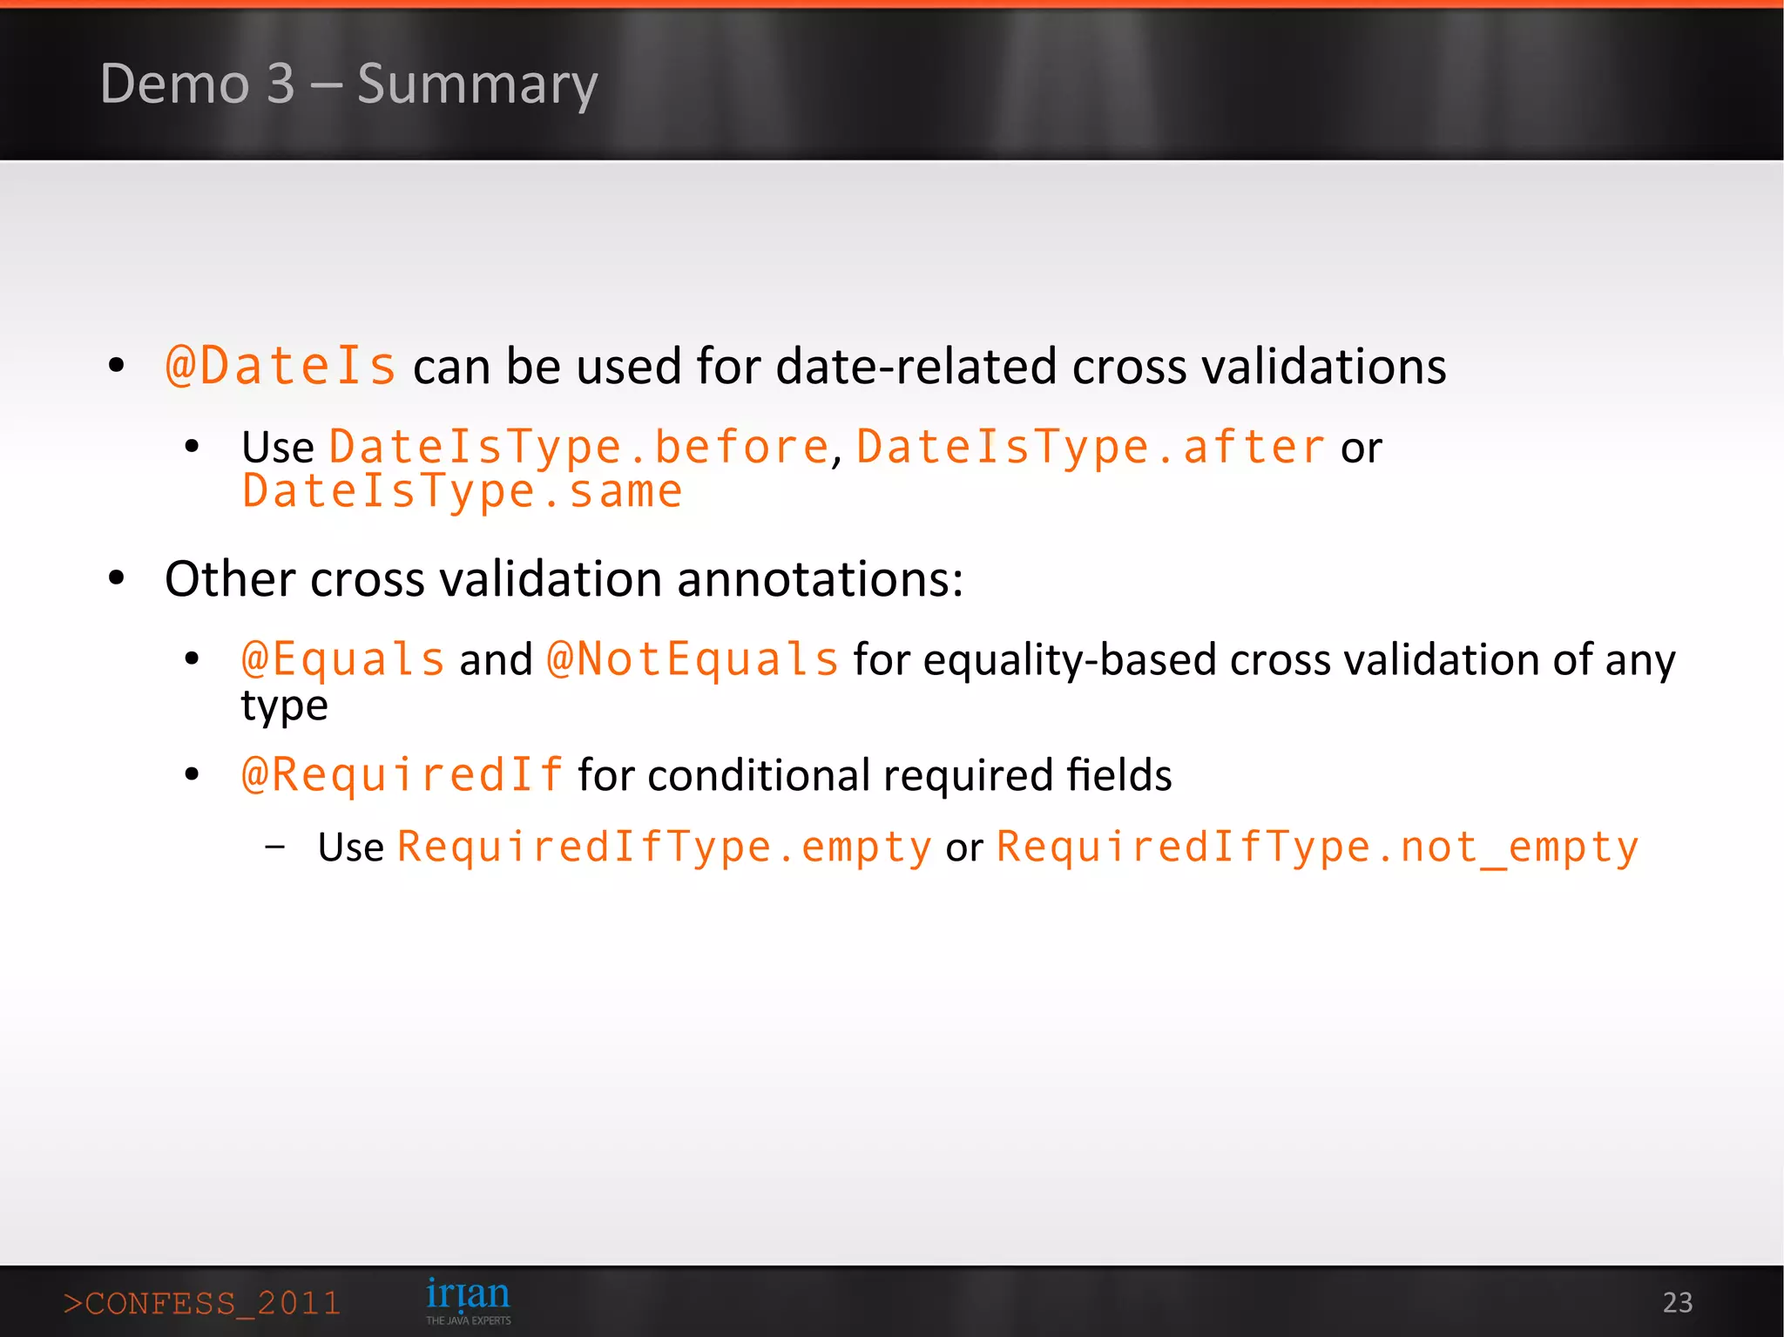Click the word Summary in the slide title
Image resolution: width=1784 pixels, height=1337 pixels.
(477, 84)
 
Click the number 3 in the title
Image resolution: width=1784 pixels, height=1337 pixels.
(280, 84)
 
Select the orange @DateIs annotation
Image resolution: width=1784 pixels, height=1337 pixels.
(280, 366)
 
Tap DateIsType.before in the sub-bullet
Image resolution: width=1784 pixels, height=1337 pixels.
(578, 448)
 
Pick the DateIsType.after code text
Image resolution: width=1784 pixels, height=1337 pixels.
(1091, 448)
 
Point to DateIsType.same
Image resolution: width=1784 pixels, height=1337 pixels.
(463, 492)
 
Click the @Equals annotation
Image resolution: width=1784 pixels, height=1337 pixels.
(343, 659)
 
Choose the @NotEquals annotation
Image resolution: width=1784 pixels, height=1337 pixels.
(693, 659)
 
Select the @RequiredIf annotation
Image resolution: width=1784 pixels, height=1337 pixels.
(402, 775)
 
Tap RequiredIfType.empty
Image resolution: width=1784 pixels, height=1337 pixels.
(665, 847)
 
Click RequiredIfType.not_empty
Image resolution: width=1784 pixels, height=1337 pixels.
(1317, 847)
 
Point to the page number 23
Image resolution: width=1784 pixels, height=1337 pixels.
(1677, 1302)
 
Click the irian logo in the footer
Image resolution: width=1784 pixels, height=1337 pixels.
(468, 1299)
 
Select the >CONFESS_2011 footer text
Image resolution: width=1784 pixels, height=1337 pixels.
(202, 1303)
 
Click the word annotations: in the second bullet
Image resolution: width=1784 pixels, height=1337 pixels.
(820, 579)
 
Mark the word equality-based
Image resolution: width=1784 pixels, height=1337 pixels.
(1070, 659)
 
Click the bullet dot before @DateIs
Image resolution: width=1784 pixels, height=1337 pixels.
(117, 366)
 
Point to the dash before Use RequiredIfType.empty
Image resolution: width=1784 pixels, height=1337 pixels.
(275, 846)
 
